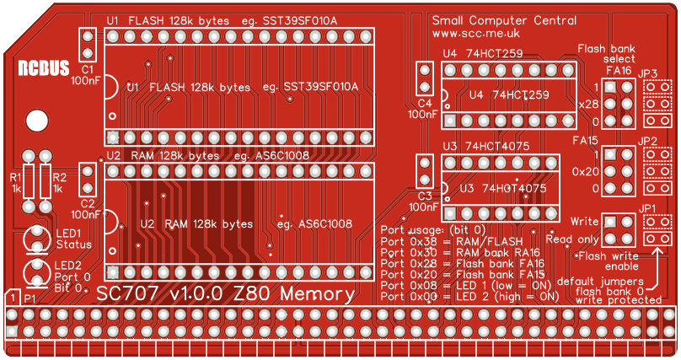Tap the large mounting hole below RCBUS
point(38,121)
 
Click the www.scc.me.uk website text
point(475,33)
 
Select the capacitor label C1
point(87,69)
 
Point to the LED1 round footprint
point(36,238)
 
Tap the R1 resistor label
point(14,178)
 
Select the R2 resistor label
point(58,178)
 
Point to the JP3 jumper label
point(647,73)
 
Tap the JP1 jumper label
point(647,208)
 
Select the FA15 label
point(585,140)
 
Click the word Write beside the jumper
point(584,221)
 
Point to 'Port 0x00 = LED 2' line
point(469,297)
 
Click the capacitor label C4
point(424,103)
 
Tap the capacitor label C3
point(424,196)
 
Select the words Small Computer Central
point(504,20)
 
